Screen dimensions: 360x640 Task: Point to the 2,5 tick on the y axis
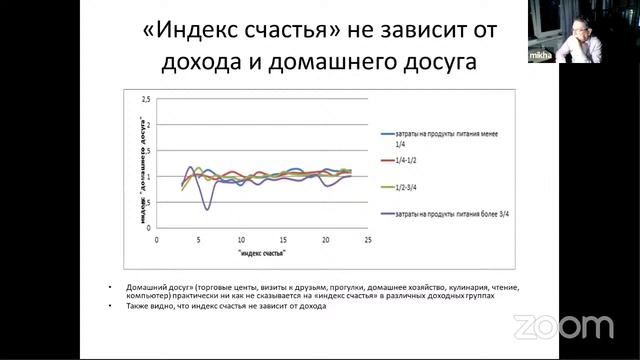click(x=146, y=101)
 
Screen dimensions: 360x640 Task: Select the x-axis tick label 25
click(x=368, y=240)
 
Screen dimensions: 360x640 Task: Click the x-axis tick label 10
click(x=241, y=240)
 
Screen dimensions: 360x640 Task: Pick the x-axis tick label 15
click(x=283, y=240)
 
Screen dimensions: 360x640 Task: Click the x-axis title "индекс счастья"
click(x=262, y=254)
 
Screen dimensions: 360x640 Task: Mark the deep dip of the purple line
click(x=207, y=208)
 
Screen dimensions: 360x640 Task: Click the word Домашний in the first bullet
click(x=146, y=289)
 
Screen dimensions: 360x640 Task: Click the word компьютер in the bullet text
click(x=149, y=297)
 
